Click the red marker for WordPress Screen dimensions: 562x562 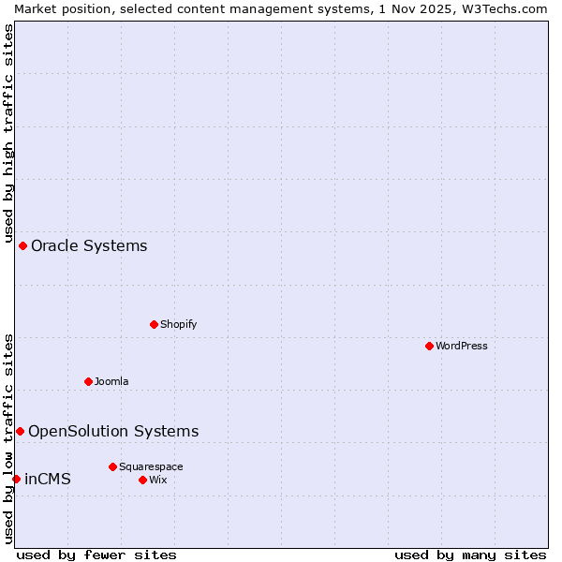coord(429,346)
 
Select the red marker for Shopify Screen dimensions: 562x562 coord(154,324)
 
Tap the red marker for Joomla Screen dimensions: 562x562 coord(88,381)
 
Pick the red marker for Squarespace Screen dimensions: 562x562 coord(112,466)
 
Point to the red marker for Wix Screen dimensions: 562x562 coord(142,480)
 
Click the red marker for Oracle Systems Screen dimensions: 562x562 coord(22,245)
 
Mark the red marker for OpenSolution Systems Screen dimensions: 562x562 coord(20,431)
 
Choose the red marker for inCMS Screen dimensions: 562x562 coord(16,479)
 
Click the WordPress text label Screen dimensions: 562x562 coord(462,346)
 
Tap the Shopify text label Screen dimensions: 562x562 coord(178,324)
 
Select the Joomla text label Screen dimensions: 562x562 coord(111,381)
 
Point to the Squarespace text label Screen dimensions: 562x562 coord(151,466)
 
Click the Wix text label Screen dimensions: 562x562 coord(157,480)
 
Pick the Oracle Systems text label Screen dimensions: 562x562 coord(89,246)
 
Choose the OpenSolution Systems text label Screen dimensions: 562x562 coord(113,431)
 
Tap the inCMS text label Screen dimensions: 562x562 coord(48,480)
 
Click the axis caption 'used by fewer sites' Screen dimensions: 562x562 coord(96,555)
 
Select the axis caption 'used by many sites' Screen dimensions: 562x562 coord(470,555)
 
